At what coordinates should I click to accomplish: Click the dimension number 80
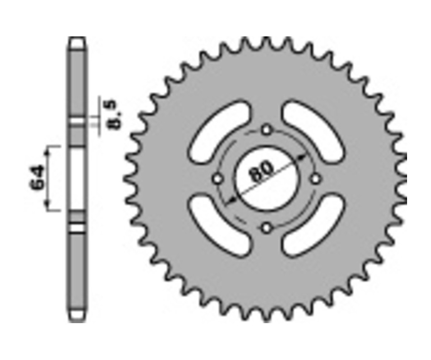coord(261,171)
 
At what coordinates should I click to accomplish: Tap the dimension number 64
coord(37,178)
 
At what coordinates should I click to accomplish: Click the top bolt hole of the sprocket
coord(266,130)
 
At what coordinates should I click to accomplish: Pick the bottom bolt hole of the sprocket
coord(266,228)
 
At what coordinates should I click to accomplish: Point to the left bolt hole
coord(217,179)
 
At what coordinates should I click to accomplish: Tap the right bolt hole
coord(316,179)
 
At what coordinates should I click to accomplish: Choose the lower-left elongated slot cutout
coord(220,226)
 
